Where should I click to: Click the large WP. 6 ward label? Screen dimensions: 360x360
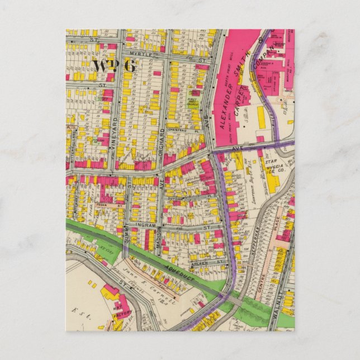(114, 65)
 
